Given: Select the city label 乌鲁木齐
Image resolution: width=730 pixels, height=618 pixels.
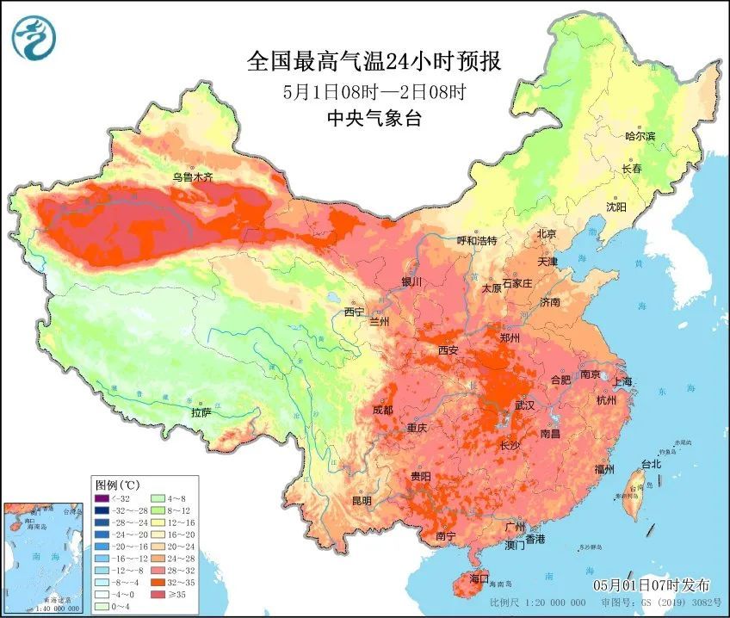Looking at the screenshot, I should (x=191, y=177).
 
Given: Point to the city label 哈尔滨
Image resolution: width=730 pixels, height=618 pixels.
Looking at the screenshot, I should (x=640, y=136).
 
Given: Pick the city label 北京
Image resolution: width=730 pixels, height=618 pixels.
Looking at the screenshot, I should (x=547, y=233).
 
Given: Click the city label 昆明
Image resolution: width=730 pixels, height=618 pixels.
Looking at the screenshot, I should (x=362, y=500).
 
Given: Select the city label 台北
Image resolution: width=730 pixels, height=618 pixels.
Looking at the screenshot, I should (x=651, y=464).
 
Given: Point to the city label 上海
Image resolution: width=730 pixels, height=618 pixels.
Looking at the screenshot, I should (x=622, y=381).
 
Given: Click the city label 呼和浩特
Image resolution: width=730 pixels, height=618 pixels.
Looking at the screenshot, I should (x=477, y=241).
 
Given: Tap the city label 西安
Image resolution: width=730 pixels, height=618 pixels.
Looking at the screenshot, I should (x=449, y=350).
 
